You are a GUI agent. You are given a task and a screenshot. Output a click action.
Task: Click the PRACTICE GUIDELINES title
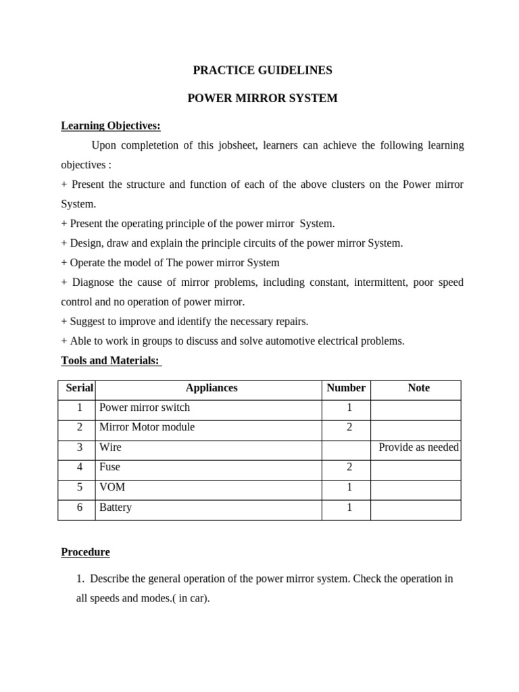click(x=262, y=70)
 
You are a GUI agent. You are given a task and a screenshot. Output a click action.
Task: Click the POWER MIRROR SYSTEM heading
click(x=262, y=99)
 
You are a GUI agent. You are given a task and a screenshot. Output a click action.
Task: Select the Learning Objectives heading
click(x=111, y=126)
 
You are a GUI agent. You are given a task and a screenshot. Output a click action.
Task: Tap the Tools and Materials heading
click(x=111, y=361)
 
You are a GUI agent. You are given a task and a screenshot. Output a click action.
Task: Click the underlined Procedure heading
click(x=85, y=552)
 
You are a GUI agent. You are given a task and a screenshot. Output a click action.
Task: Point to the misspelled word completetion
click(x=152, y=145)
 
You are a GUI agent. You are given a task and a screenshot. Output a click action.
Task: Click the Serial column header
click(x=80, y=388)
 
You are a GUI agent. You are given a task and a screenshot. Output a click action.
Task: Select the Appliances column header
click(x=212, y=388)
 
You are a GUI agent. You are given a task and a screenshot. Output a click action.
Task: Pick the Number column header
click(x=346, y=388)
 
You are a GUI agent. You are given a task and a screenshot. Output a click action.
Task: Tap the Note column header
click(x=418, y=388)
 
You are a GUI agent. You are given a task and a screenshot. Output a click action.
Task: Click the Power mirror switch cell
click(x=145, y=407)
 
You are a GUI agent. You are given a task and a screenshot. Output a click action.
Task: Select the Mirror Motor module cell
click(x=147, y=427)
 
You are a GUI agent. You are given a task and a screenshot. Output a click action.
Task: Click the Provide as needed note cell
click(x=418, y=447)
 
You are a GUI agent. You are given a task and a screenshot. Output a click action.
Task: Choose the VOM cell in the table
click(x=112, y=487)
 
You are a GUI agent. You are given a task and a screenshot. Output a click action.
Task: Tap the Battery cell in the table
click(x=116, y=508)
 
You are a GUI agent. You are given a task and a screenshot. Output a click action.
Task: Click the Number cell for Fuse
click(x=349, y=467)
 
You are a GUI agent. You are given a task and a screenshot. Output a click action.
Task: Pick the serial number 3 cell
click(x=79, y=447)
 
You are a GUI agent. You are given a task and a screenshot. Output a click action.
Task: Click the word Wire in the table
click(x=110, y=447)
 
